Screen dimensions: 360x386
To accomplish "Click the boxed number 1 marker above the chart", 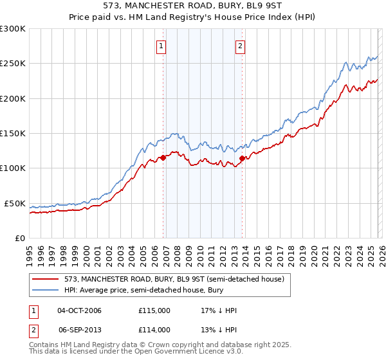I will [x=160, y=46].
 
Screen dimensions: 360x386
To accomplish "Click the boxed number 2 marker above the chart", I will [x=239, y=46].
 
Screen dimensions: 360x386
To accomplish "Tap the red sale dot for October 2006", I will [x=163, y=157].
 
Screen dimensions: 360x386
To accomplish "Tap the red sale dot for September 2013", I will [x=242, y=158].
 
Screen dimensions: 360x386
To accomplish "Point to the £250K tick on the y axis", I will [x=13, y=64].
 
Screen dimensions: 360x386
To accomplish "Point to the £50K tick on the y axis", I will [x=15, y=203].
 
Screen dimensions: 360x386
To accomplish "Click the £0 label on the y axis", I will [x=19, y=238].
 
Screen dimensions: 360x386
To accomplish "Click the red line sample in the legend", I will [x=46, y=279].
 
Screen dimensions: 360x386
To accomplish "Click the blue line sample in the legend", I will [x=46, y=290].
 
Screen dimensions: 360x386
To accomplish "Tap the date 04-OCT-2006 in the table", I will [x=79, y=310].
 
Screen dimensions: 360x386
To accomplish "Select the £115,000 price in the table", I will [x=154, y=310].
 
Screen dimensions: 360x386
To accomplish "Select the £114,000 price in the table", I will [x=154, y=330].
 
